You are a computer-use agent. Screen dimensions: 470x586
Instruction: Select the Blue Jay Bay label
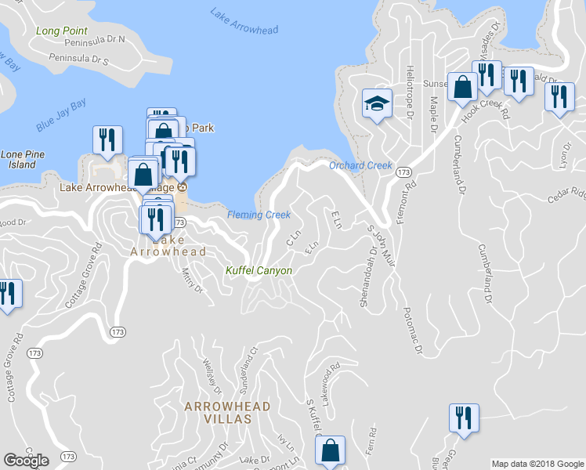[x=60, y=115]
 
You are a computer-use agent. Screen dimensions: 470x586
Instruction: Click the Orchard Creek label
[x=360, y=165]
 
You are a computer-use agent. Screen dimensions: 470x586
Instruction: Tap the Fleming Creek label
[x=259, y=215]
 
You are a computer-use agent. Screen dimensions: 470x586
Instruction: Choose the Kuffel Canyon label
[x=259, y=271]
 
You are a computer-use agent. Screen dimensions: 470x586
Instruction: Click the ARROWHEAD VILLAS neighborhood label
[x=227, y=413]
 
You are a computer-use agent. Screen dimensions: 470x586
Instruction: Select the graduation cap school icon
[x=376, y=103]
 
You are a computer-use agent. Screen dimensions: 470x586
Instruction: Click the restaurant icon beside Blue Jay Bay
[x=107, y=139]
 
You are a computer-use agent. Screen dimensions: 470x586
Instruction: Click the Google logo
[x=27, y=461]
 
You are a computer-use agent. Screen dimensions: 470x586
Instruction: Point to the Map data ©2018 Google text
[x=537, y=464]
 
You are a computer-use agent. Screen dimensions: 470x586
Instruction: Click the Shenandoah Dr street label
[x=366, y=277]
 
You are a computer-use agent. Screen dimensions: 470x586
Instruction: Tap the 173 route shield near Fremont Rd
[x=403, y=172]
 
